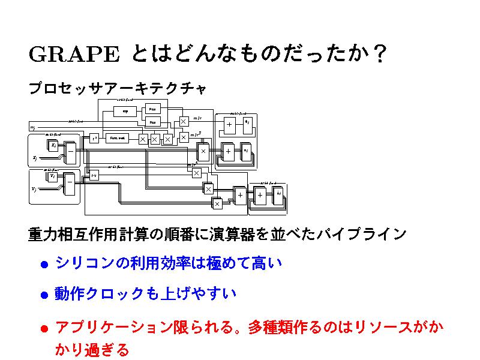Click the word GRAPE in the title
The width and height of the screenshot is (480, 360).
[73, 55]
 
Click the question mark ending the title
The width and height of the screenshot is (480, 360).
[377, 55]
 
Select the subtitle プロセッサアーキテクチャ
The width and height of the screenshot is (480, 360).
[117, 89]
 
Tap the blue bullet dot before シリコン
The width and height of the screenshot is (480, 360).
[44, 264]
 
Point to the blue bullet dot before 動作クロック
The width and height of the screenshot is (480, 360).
[44, 295]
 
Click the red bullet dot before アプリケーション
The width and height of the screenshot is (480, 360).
[44, 328]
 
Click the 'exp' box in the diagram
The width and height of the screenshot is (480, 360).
[125, 111]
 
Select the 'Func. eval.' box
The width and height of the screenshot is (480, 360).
[118, 138]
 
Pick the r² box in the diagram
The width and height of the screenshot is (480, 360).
[94, 139]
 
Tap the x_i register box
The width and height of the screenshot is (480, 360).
[53, 145]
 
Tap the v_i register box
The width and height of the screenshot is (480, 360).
[53, 176]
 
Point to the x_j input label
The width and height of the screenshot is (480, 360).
[34, 158]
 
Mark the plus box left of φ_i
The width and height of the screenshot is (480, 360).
[229, 124]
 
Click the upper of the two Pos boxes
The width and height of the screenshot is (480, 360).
[152, 109]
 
